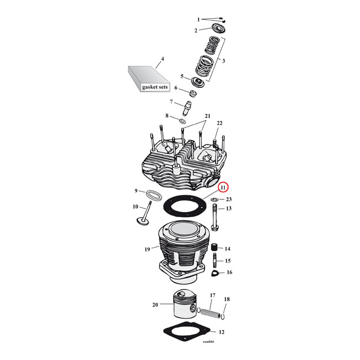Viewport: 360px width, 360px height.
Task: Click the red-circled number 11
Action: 223,188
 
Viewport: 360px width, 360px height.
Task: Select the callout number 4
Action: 162,59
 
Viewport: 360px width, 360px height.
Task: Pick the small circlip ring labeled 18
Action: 223,316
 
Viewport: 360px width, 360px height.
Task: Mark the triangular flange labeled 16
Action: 216,272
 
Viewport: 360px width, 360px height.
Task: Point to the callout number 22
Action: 219,123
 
